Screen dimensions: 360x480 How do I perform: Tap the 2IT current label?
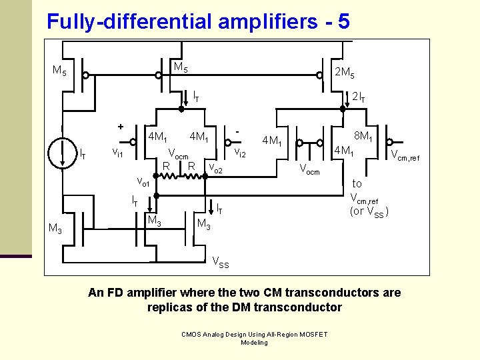click(359, 97)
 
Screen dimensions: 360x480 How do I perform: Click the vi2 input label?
click(239, 154)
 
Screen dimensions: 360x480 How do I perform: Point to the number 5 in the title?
click(343, 21)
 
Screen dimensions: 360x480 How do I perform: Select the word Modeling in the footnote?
click(254, 343)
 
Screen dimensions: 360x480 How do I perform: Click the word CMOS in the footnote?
click(193, 334)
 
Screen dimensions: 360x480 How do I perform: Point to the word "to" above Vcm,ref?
click(357, 183)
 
